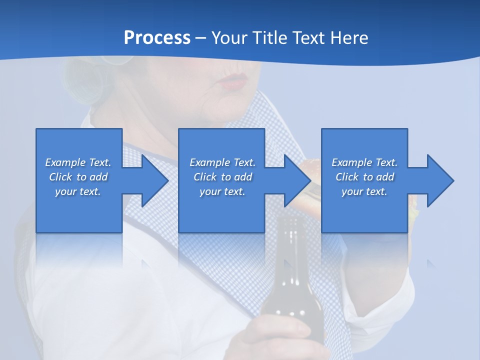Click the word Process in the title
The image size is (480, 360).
(x=157, y=38)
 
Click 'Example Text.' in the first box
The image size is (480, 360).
(x=78, y=162)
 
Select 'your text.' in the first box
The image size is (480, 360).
(x=78, y=191)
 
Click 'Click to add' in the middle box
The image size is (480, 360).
(x=222, y=177)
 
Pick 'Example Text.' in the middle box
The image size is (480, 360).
(x=222, y=162)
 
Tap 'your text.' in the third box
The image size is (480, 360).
(x=364, y=191)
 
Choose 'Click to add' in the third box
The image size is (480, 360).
(x=364, y=177)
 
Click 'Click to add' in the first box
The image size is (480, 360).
(x=78, y=177)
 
